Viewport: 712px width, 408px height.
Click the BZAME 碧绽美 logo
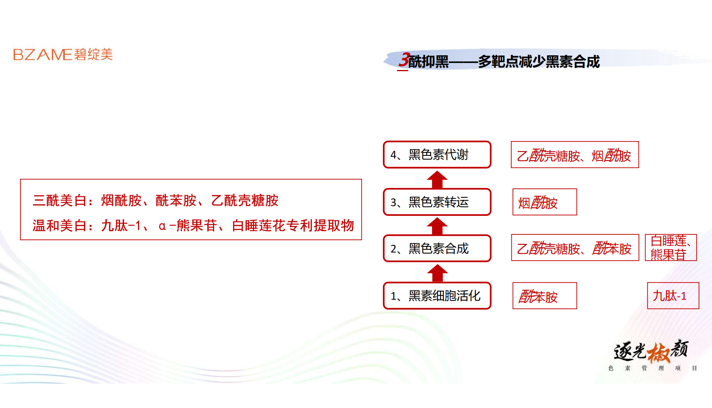tap(63, 55)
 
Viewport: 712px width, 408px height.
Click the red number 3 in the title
tap(404, 60)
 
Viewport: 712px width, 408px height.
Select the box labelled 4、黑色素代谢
tap(437, 155)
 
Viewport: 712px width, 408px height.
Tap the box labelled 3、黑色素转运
tap(437, 202)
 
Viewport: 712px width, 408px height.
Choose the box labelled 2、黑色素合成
tap(437, 248)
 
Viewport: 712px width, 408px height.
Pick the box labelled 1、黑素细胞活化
tap(437, 296)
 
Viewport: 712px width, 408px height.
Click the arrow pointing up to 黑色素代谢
tap(437, 179)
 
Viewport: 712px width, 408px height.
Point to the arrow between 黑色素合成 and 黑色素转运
tap(437, 226)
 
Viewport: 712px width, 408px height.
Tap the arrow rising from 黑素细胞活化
tap(437, 273)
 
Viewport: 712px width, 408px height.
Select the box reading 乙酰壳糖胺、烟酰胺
tap(575, 155)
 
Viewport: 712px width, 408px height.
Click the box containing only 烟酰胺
tap(545, 202)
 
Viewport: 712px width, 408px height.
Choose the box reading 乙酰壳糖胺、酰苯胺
tap(575, 248)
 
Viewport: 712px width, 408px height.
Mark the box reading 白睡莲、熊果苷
tap(671, 248)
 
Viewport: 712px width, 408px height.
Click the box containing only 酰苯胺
tap(545, 296)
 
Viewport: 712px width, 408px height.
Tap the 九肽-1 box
tap(673, 296)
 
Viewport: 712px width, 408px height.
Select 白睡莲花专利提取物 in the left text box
tap(293, 225)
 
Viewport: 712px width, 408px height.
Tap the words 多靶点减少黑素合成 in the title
tap(539, 61)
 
